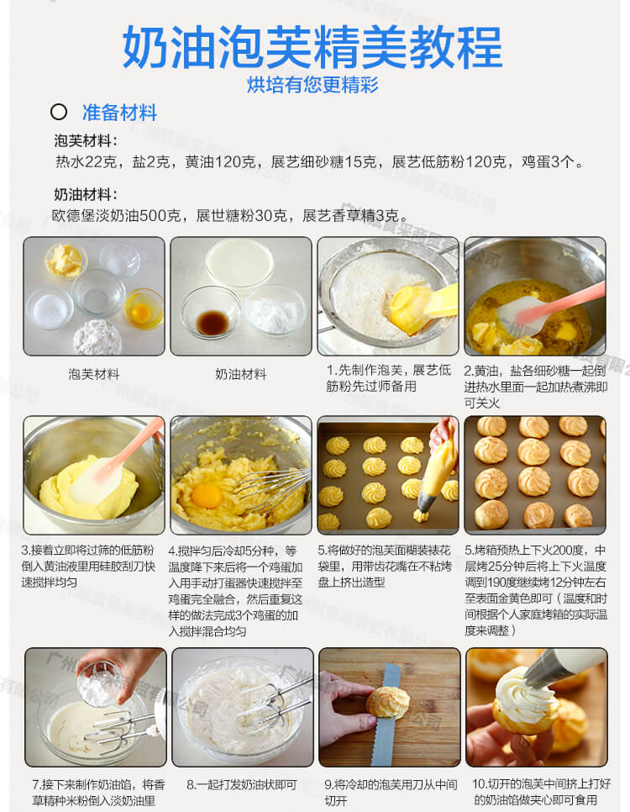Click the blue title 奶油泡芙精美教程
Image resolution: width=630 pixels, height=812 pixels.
pyautogui.click(x=312, y=47)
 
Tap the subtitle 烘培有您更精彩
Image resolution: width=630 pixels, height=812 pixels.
pyautogui.click(x=312, y=84)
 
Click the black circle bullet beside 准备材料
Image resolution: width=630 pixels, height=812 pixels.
pyautogui.click(x=59, y=112)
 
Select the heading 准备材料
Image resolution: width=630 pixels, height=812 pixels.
pyautogui.click(x=119, y=113)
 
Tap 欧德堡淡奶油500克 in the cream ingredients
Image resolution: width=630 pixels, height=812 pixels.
pyautogui.click(x=116, y=215)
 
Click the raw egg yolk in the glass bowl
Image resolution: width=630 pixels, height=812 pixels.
pyautogui.click(x=141, y=312)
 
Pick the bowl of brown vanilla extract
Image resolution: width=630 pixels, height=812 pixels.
pyautogui.click(x=211, y=312)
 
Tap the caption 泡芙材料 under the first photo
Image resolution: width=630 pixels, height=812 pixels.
pyautogui.click(x=94, y=374)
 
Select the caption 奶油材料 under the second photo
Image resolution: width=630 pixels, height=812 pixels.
pyautogui.click(x=241, y=374)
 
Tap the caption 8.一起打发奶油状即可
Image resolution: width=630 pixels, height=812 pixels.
pyautogui.click(x=242, y=785)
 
